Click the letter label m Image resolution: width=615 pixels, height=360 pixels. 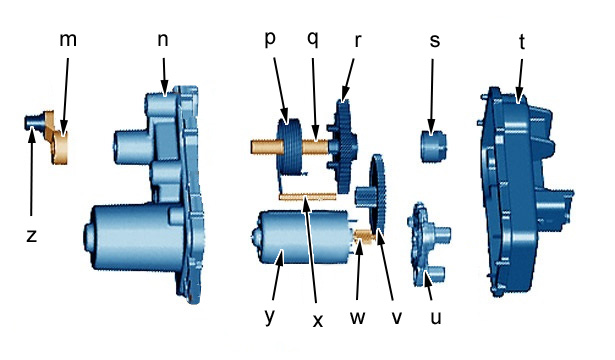[68, 40]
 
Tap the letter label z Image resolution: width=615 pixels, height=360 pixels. [32, 236]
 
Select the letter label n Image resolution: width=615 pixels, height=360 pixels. [163, 40]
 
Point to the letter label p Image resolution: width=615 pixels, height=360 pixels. [270, 39]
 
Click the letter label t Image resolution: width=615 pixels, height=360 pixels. [522, 42]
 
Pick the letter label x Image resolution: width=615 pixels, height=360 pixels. [318, 321]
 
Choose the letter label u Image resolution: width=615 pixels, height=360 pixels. [436, 318]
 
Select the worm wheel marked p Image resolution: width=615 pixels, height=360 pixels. [289, 146]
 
